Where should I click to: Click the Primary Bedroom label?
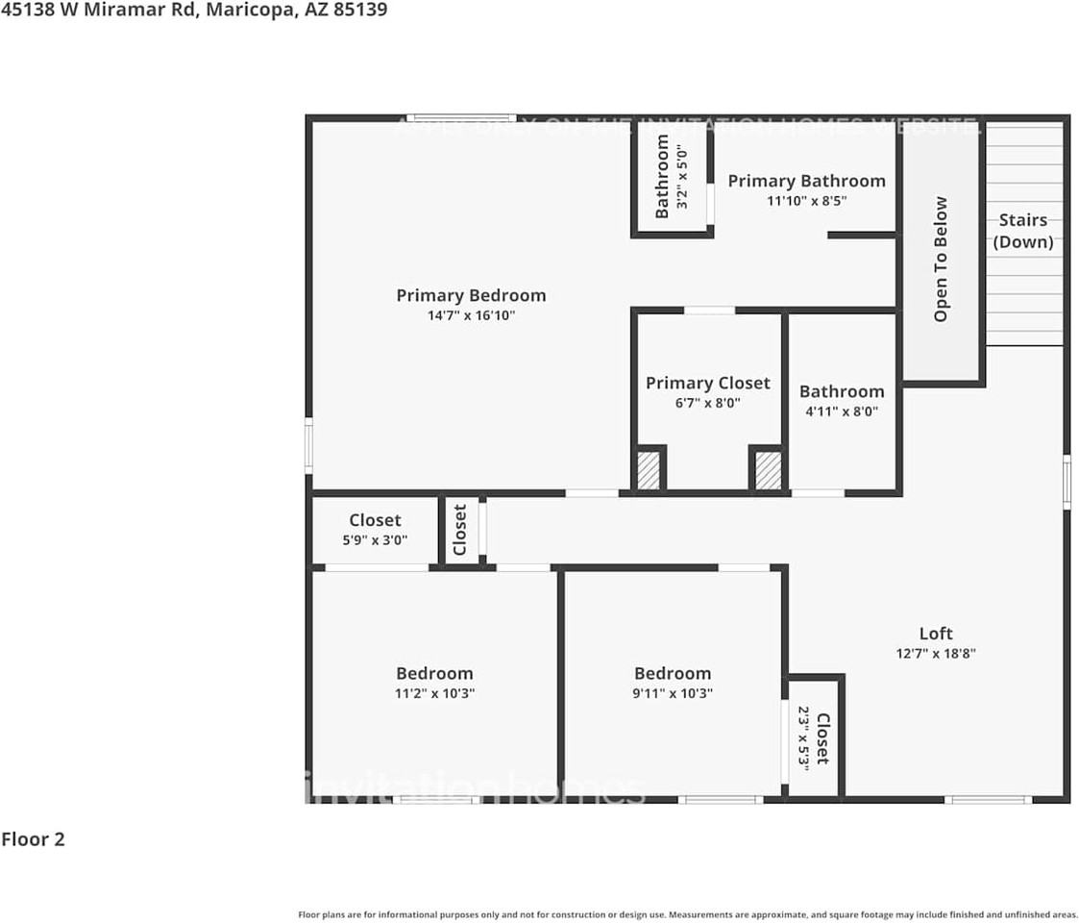point(471,295)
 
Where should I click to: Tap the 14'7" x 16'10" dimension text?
point(471,315)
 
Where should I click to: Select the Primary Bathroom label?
point(806,181)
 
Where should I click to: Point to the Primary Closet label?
point(707,383)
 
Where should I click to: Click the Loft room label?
point(935,633)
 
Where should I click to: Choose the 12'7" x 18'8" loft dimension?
point(935,654)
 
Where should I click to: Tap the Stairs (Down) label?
point(1022,231)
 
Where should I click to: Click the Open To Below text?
point(941,260)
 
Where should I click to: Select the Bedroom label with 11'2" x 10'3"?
point(434,673)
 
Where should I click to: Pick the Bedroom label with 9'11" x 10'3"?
point(673,673)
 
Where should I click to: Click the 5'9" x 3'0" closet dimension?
point(375,540)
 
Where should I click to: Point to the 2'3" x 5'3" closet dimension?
point(804,736)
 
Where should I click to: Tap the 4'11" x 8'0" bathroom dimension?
point(841,412)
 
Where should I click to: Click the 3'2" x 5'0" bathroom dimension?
point(682,177)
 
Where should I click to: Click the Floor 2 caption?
point(33,839)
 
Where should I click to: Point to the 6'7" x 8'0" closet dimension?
point(707,403)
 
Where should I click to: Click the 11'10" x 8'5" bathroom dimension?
point(806,201)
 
